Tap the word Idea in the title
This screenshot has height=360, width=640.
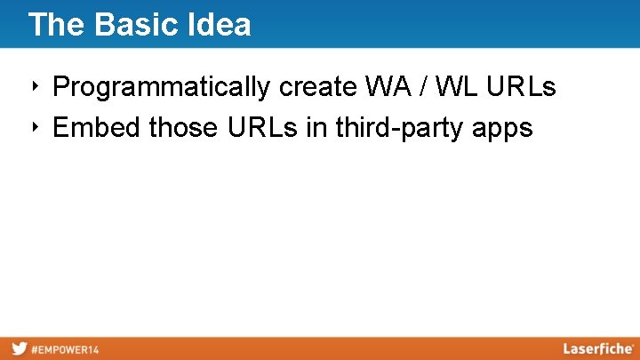220,24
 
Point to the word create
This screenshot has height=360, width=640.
318,87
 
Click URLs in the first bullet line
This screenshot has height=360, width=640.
522,87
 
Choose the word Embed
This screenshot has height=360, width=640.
97,128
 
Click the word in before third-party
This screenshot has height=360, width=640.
316,128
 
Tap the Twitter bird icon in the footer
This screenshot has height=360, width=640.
20,348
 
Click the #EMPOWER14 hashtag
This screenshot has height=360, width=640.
66,349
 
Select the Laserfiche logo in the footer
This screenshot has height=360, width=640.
597,348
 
